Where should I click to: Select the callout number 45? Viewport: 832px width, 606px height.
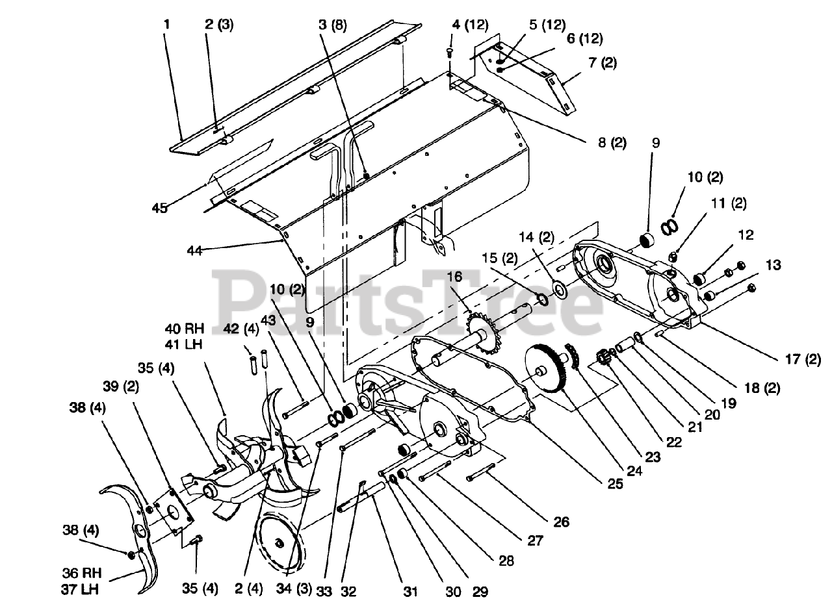(160, 208)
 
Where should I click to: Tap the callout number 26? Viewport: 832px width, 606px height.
(562, 521)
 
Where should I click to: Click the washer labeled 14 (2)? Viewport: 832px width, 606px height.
(558, 286)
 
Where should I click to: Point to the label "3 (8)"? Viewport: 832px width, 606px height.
(333, 26)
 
